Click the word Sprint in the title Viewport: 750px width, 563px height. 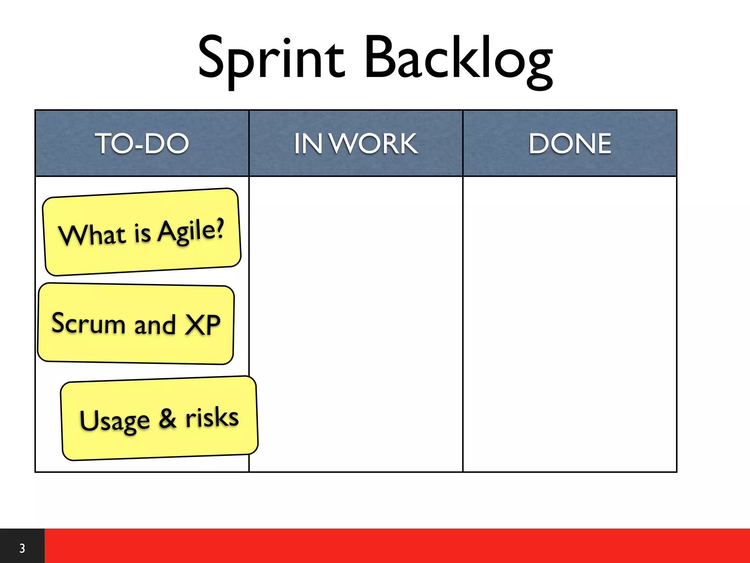point(271,59)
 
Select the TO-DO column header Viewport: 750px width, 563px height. point(142,143)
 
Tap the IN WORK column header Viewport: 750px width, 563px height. point(356,143)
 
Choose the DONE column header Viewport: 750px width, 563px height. point(570,143)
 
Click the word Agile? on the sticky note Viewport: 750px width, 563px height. point(191,231)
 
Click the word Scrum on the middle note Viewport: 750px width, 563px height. point(88,323)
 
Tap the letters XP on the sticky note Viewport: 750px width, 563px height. point(203,325)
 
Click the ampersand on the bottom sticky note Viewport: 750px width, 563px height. point(168,419)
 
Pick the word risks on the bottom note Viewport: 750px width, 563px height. point(212,417)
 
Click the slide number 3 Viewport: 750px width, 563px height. point(22,548)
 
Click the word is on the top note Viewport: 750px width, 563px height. point(142,233)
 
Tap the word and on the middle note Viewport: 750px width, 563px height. point(155,325)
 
